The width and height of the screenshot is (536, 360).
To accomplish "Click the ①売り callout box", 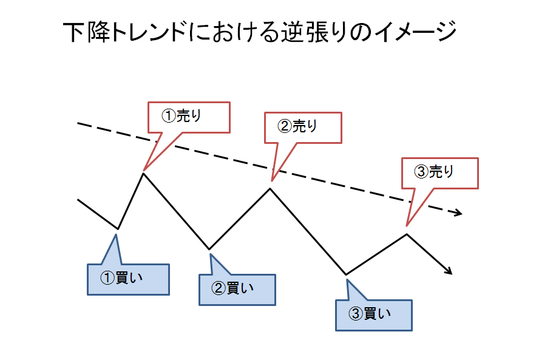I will click(189, 117).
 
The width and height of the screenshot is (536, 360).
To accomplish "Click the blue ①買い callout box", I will click(128, 279).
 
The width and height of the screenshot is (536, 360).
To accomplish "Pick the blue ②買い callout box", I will click(237, 289).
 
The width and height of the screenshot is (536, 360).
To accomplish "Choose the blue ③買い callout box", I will click(374, 314).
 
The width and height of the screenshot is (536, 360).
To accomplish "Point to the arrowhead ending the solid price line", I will click(450, 272).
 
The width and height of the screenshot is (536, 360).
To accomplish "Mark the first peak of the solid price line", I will click(143, 174).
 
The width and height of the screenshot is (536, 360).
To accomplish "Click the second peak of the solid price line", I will click(270, 189).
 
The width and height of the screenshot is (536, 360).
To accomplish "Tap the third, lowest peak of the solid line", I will click(407, 234).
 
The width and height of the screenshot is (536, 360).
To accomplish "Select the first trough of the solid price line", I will click(118, 229).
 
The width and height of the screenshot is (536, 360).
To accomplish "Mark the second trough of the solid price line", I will click(209, 249).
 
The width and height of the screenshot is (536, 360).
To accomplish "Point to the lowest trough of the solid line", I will click(346, 274).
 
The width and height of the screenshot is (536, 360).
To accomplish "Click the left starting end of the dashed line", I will click(79, 123).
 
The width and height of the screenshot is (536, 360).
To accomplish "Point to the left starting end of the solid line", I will click(79, 199).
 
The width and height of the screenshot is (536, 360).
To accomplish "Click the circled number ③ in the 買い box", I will click(356, 314).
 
